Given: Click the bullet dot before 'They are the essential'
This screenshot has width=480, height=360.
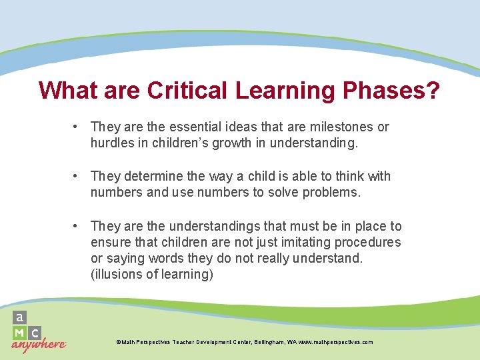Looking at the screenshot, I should [x=77, y=127].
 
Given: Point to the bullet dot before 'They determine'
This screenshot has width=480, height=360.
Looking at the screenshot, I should [x=77, y=177].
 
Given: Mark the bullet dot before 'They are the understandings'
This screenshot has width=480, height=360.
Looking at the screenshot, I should [x=77, y=227].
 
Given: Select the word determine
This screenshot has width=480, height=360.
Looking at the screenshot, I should [x=153, y=177].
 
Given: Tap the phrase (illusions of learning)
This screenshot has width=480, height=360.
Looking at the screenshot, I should [x=152, y=275].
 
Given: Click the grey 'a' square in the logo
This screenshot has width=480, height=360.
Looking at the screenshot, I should [x=20, y=317].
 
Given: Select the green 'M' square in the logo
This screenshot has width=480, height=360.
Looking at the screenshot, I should [x=20, y=332].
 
